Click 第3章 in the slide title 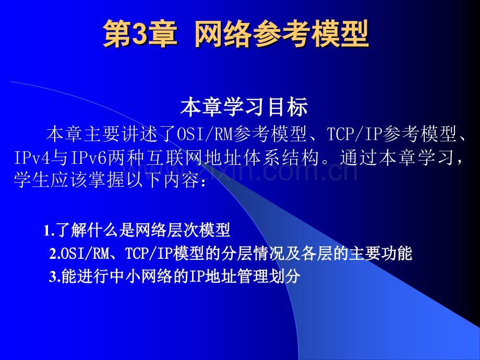[140, 35]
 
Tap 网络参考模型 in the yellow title [282, 35]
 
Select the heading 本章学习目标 [244, 107]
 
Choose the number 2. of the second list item [55, 254]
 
